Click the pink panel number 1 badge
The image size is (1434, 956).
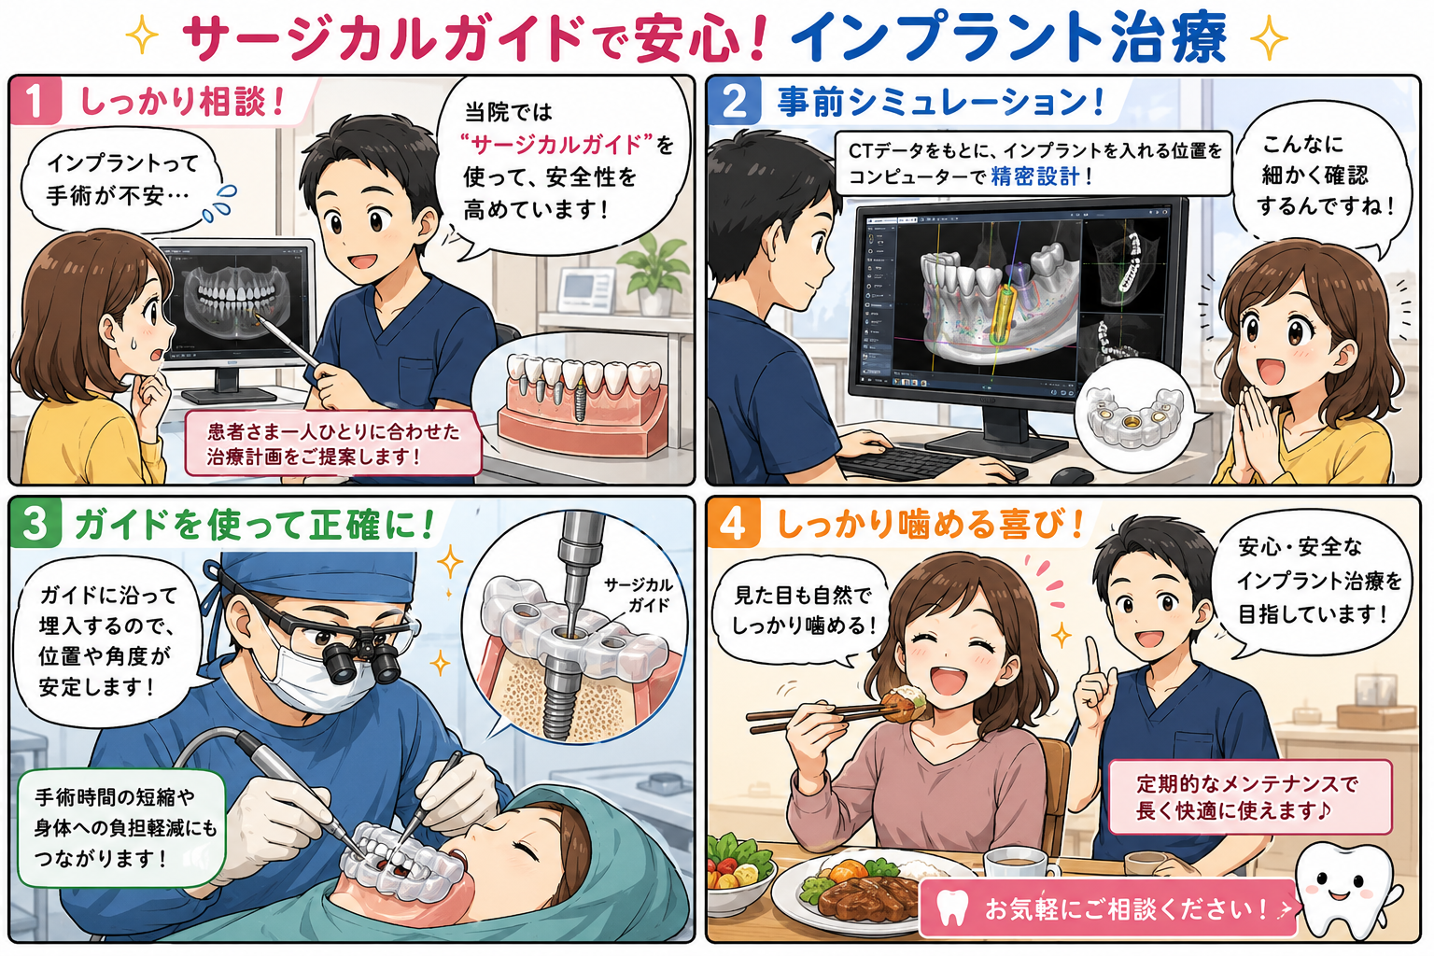pos(35,100)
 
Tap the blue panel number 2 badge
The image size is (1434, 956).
pos(734,100)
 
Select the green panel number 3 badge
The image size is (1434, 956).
pos(35,523)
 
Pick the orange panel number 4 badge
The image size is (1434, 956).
pos(734,523)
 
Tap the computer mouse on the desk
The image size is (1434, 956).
pos(1071,474)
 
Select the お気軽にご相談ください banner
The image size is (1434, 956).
pos(1107,908)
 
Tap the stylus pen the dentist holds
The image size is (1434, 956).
pos(292,344)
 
